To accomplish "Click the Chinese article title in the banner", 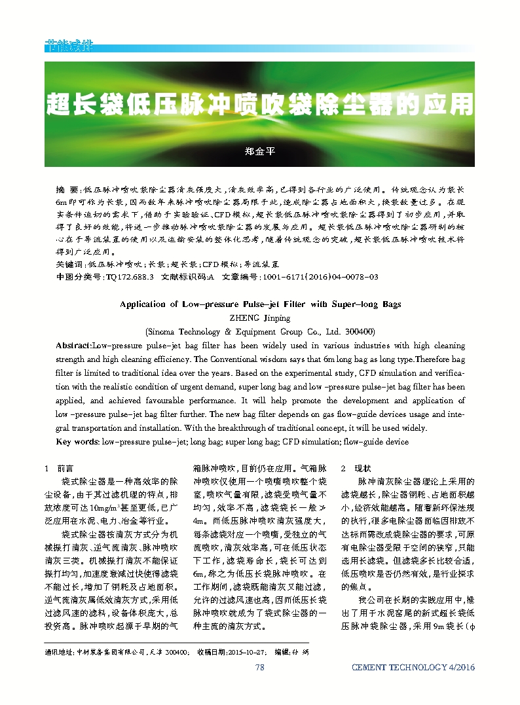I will [259, 104].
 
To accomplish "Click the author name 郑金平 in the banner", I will [260, 151].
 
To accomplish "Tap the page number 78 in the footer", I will [259, 667].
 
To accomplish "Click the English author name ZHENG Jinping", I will [260, 318].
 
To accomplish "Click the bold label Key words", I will [77, 442].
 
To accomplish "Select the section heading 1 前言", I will [58, 469].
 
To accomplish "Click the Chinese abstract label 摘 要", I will [69, 189].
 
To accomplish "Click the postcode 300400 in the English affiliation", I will [359, 331].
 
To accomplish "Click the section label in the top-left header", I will [69, 47].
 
